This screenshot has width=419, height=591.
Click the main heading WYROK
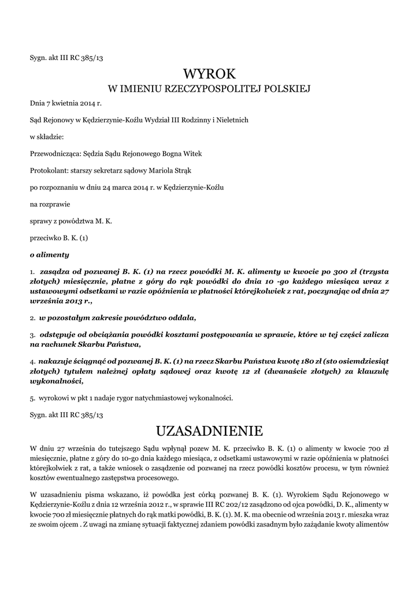click(209, 74)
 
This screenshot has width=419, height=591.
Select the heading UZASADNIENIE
click(209, 431)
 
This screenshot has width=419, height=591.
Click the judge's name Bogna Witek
click(185, 154)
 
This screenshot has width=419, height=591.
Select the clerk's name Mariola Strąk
click(175, 171)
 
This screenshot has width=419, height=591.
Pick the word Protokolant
click(49, 171)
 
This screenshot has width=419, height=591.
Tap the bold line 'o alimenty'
click(49, 254)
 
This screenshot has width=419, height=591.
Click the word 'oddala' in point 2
click(181, 318)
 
